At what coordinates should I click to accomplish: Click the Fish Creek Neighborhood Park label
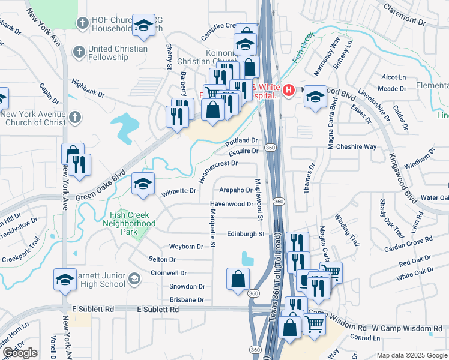click(133, 219)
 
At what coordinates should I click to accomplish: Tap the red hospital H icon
click(289, 91)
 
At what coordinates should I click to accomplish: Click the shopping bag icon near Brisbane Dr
click(238, 278)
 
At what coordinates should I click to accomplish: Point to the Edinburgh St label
click(246, 234)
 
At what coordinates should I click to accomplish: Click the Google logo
click(20, 353)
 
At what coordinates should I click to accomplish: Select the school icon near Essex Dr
click(315, 97)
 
